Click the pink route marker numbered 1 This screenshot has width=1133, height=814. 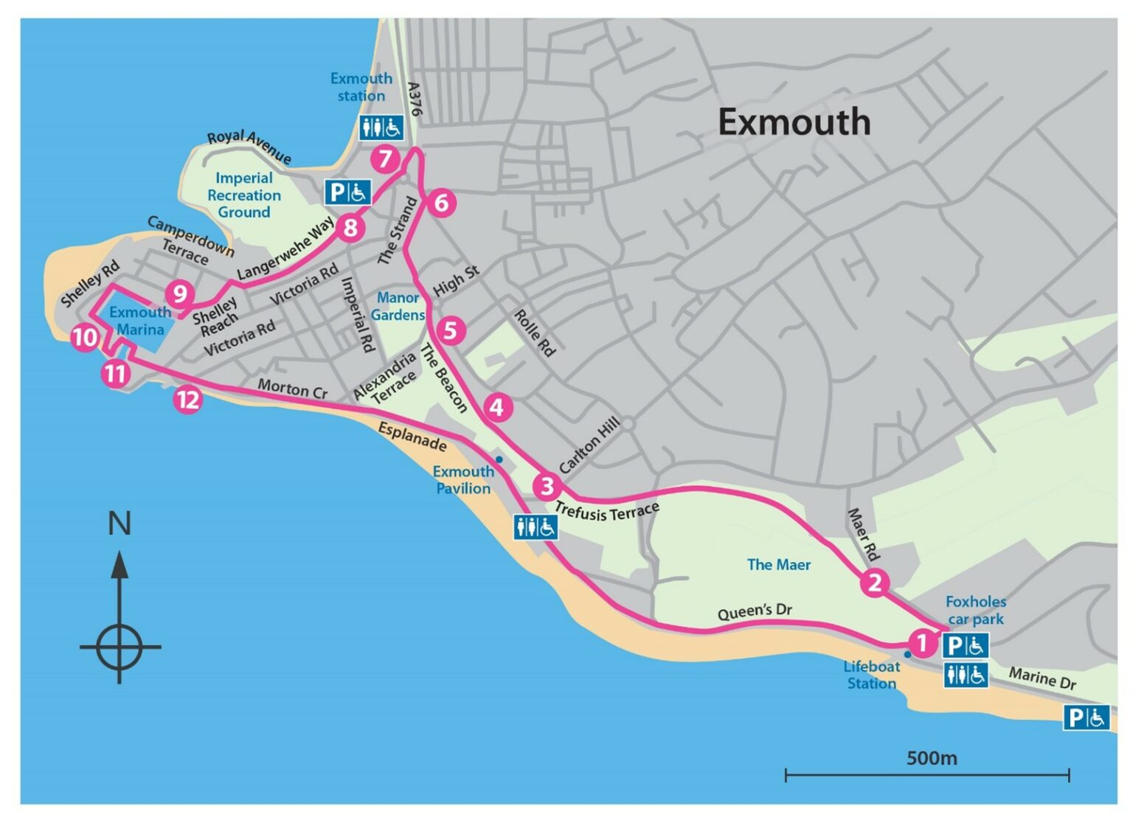click(921, 642)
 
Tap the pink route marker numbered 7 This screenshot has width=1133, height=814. click(385, 159)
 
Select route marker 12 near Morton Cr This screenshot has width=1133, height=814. click(188, 400)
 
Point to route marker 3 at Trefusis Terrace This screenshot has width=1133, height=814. click(547, 487)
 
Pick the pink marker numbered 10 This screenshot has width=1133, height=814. click(85, 338)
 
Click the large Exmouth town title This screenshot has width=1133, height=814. click(794, 122)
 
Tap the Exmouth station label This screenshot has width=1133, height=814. click(361, 87)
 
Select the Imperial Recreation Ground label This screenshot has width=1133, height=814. click(243, 195)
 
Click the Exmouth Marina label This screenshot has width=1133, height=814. click(140, 321)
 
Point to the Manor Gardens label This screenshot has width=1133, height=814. click(398, 306)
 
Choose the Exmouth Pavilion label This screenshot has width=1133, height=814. click(462, 480)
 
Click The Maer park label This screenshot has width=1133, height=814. click(778, 565)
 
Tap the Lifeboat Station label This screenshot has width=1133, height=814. click(871, 675)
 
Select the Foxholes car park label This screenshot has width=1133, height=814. click(975, 610)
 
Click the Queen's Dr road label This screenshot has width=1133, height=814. click(754, 611)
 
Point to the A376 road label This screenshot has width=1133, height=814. click(415, 99)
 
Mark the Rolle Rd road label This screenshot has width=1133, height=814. click(534, 333)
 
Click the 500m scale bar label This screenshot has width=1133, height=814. click(931, 758)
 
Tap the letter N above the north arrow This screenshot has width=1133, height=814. click(119, 523)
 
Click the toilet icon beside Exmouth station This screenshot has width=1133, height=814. click(381, 128)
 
